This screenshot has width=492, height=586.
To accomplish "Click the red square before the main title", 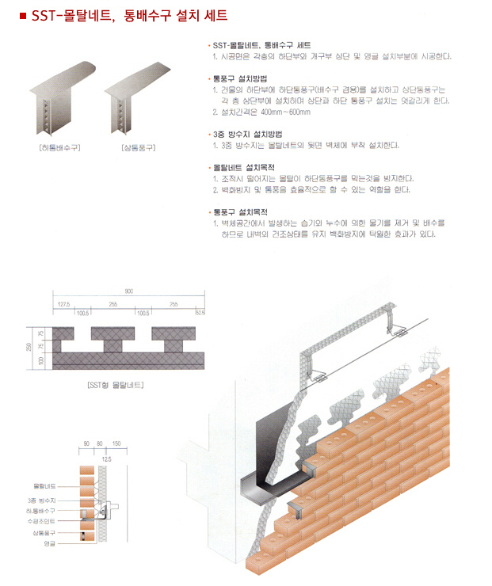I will [22, 15].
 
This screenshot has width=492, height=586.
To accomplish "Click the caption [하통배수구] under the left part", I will [59, 148].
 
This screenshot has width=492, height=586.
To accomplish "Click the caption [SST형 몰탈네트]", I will [116, 386].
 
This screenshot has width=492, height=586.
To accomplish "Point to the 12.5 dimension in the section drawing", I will [107, 459].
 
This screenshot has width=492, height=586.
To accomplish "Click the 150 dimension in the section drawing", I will [116, 445].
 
